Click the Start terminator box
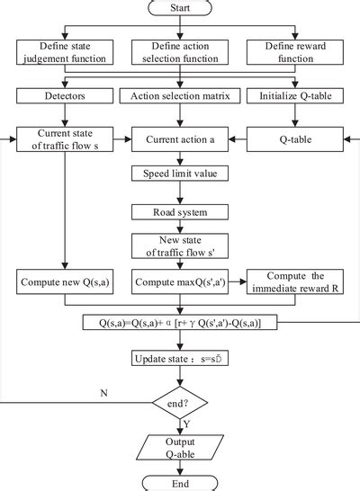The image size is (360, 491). pyautogui.click(x=180, y=8)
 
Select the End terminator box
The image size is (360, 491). pyautogui.click(x=180, y=482)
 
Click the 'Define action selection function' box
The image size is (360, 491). pyautogui.click(x=180, y=53)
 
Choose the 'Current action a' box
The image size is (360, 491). pyautogui.click(x=180, y=140)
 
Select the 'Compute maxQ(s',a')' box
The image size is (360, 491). pyautogui.click(x=180, y=283)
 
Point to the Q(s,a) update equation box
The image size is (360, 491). pyautogui.click(x=180, y=323)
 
